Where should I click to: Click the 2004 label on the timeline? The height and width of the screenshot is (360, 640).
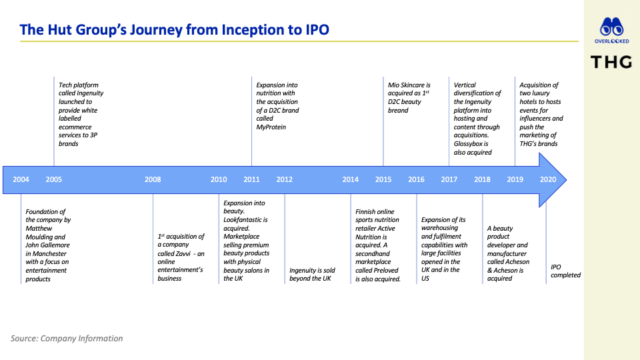[21, 179]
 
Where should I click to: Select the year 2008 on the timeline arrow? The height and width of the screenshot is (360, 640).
[153, 179]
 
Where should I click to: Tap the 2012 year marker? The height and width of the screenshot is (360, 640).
[285, 179]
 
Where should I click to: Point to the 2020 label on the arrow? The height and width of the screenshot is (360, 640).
[548, 179]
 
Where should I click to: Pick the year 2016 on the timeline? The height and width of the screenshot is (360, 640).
[416, 179]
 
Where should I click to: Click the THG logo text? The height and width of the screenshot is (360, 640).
[611, 63]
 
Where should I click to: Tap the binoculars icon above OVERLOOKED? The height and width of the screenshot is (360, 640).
[611, 27]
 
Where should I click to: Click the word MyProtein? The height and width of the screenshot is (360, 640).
[271, 127]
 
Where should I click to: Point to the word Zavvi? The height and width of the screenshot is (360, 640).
[183, 253]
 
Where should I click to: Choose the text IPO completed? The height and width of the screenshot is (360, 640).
[565, 271]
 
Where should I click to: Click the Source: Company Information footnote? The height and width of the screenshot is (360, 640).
[67, 339]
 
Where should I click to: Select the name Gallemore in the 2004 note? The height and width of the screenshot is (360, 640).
[55, 245]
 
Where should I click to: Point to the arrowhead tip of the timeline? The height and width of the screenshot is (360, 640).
[566, 179]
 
